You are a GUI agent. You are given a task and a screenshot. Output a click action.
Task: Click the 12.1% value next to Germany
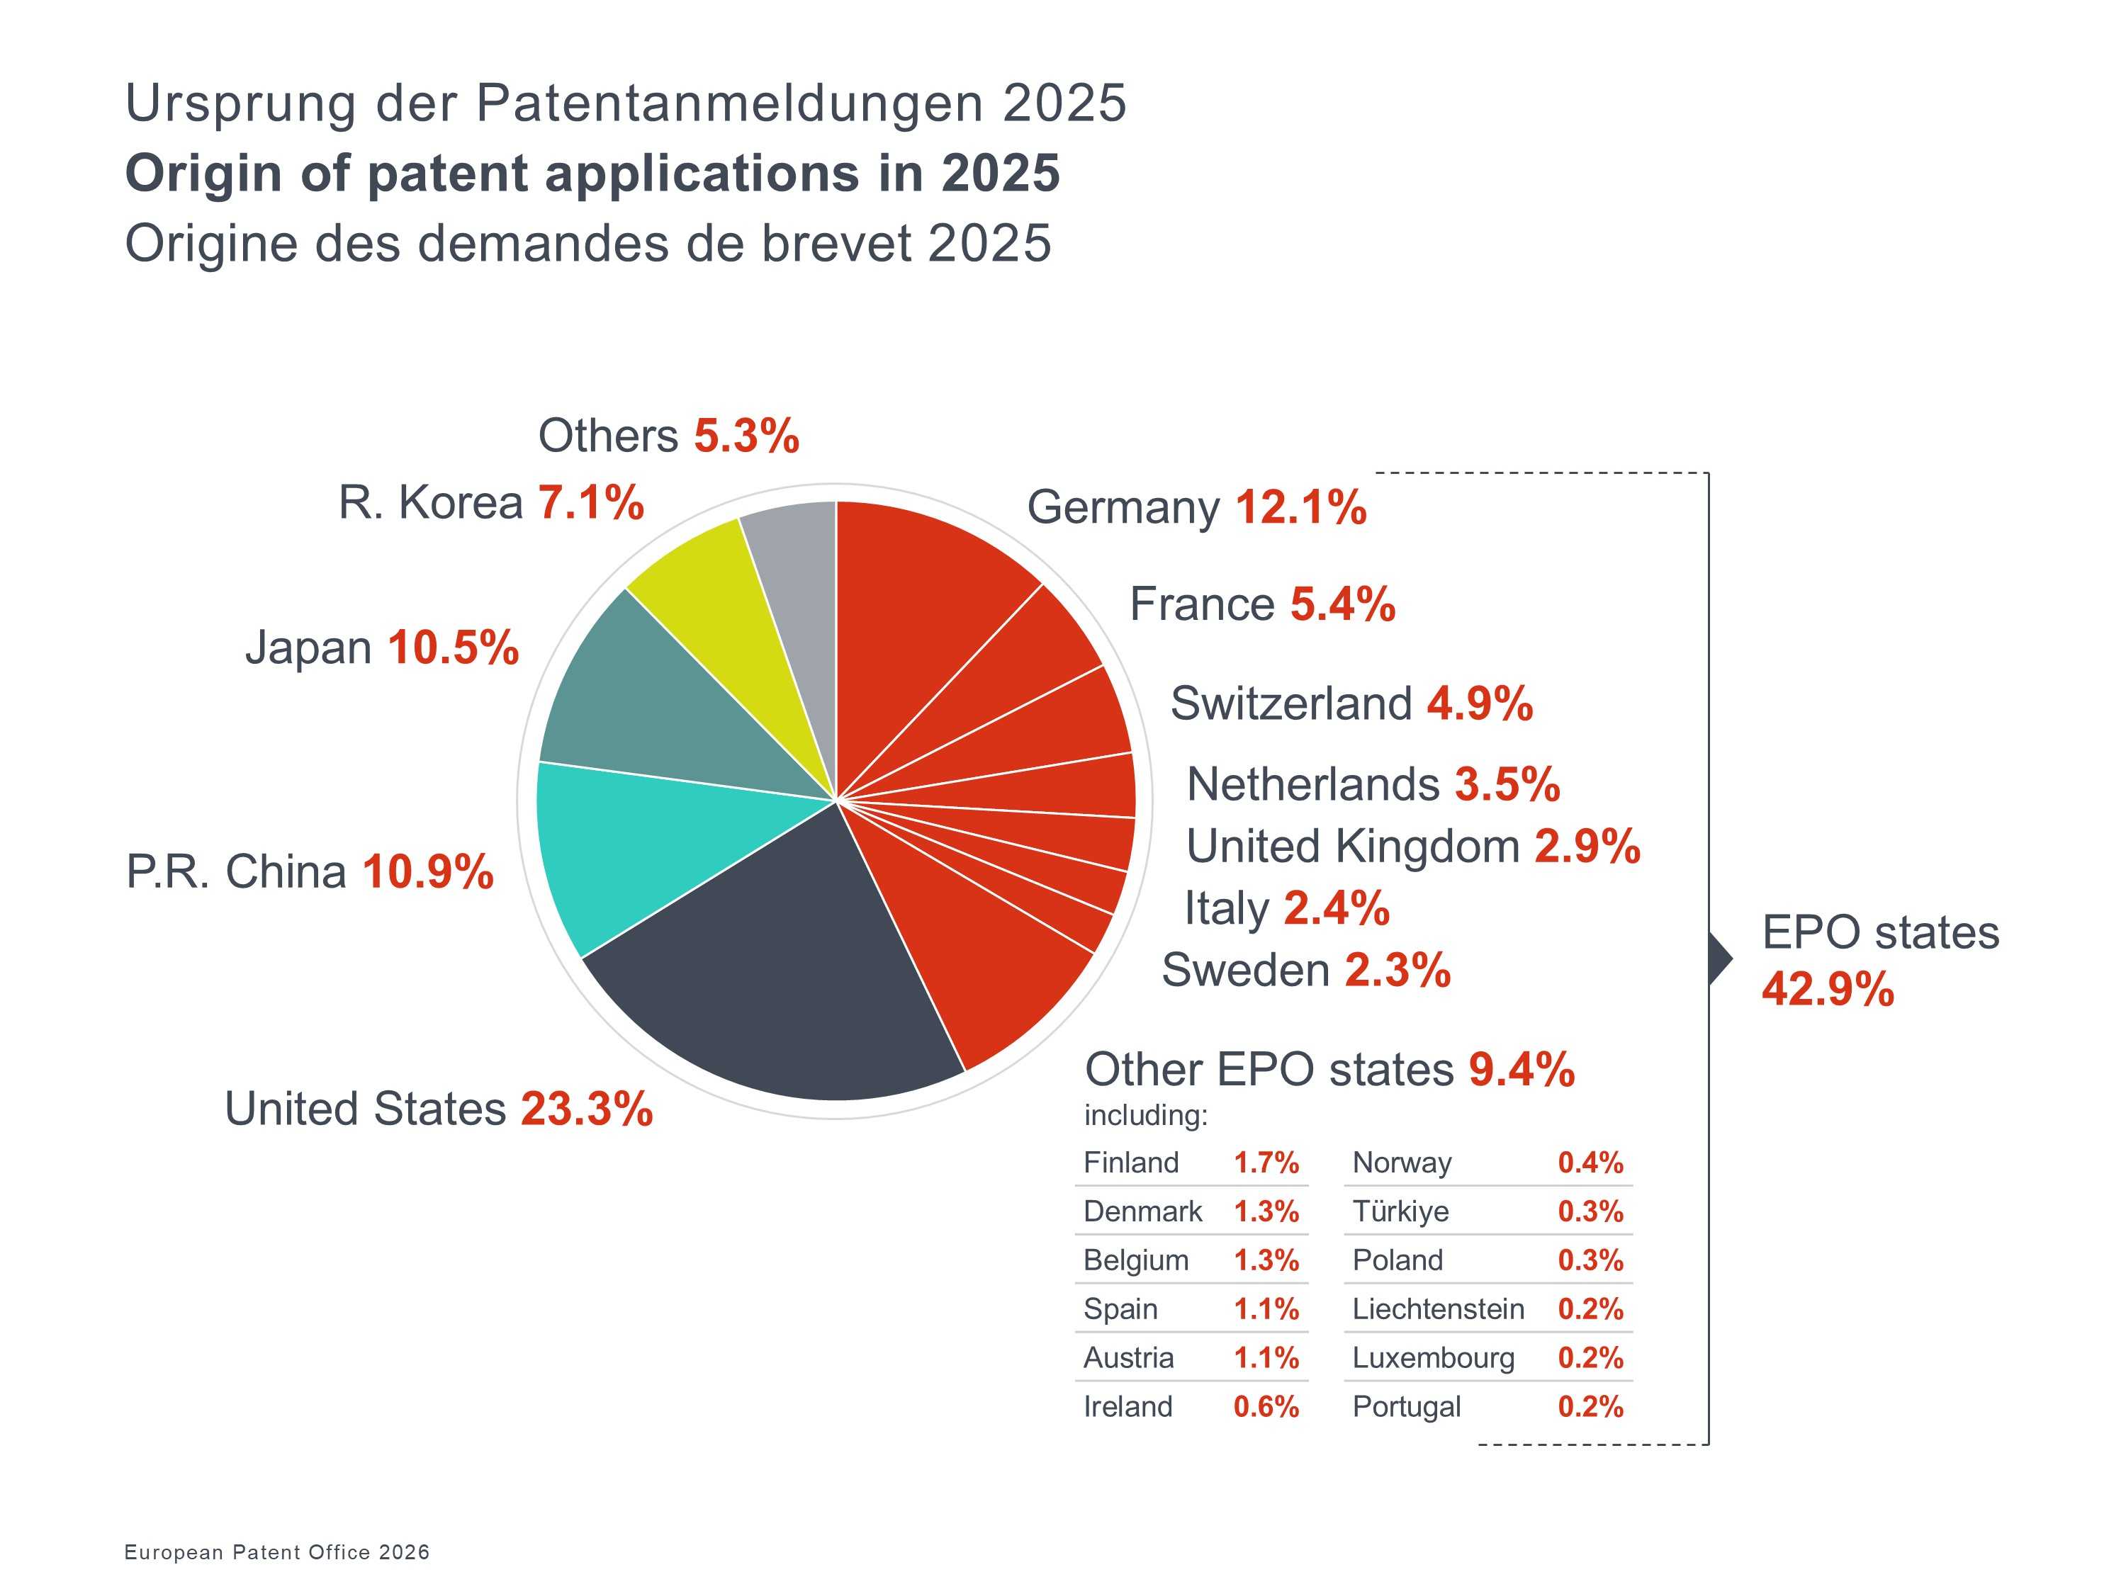[1300, 507]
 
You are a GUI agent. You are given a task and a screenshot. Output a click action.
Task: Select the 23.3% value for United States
[586, 1109]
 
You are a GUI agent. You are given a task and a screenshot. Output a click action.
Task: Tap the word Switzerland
[1290, 703]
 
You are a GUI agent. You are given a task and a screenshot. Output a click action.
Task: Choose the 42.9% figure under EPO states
[1827, 989]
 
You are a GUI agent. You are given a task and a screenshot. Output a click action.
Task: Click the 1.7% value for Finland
[1266, 1163]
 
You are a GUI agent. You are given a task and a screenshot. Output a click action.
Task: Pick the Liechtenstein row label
[1438, 1308]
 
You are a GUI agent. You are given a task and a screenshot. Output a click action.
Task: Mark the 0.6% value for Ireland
[1266, 1407]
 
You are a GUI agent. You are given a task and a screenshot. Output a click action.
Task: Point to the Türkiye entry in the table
[1400, 1211]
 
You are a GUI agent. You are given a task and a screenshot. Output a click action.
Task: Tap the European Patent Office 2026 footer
[277, 1551]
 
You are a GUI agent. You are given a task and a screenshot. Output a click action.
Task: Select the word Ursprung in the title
[240, 103]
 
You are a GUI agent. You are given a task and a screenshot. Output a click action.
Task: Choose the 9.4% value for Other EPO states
[1522, 1069]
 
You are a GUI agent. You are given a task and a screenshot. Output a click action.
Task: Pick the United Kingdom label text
[1352, 847]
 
